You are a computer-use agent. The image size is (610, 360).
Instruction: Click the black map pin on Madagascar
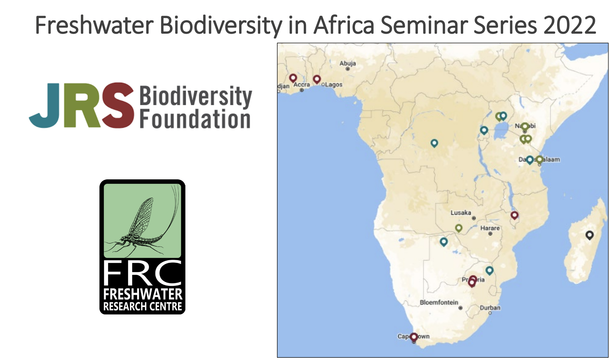click(x=589, y=235)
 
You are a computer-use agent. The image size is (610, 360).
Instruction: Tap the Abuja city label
click(x=348, y=63)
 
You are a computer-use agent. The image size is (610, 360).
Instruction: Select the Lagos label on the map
click(x=334, y=85)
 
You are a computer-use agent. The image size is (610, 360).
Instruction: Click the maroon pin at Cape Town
click(x=414, y=337)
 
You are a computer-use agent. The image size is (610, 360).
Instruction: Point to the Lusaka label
click(x=461, y=213)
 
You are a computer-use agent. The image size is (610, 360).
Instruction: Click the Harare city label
click(x=490, y=228)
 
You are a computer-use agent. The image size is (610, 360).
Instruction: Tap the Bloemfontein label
click(x=439, y=302)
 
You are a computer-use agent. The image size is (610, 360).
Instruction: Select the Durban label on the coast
click(x=490, y=308)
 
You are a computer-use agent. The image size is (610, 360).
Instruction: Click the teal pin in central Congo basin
click(x=434, y=143)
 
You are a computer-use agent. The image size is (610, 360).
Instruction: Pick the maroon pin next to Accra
click(x=293, y=78)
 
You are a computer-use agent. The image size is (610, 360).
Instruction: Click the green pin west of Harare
click(x=459, y=228)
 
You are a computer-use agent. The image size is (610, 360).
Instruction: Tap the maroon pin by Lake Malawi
click(x=514, y=215)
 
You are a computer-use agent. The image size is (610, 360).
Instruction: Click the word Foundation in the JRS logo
click(x=195, y=119)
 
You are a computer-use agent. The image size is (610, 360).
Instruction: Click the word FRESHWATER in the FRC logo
click(x=142, y=294)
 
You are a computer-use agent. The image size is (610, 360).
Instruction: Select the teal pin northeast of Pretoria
click(x=489, y=270)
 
